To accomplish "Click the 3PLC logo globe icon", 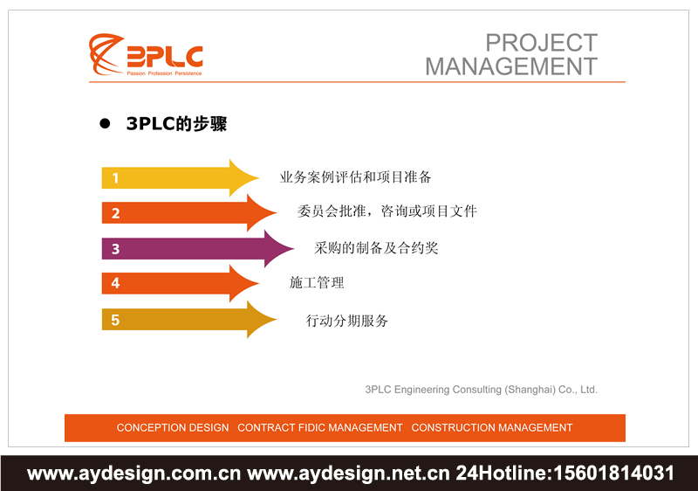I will tap(106, 54).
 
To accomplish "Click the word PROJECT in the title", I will tap(541, 43).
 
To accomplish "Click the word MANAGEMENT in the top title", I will tap(511, 66).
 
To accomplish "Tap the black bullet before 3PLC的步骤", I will tap(106, 125).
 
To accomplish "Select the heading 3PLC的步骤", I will tap(176, 125).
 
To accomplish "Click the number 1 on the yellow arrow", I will tap(115, 178).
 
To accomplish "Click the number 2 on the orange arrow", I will tap(115, 213).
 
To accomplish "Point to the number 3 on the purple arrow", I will tap(115, 249).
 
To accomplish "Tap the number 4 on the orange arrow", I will tap(115, 284).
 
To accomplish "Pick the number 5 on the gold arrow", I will tap(115, 321).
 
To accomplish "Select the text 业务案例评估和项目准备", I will tap(355, 177).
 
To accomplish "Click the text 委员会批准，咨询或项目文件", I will tap(387, 211).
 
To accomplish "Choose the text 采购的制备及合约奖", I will tap(376, 248).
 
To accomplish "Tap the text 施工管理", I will tap(317, 283).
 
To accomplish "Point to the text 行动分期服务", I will tap(347, 321).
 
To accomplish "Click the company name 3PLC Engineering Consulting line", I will tap(481, 390).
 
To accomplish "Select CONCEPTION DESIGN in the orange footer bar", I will tap(173, 428).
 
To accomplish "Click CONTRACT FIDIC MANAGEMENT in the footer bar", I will tap(320, 428).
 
